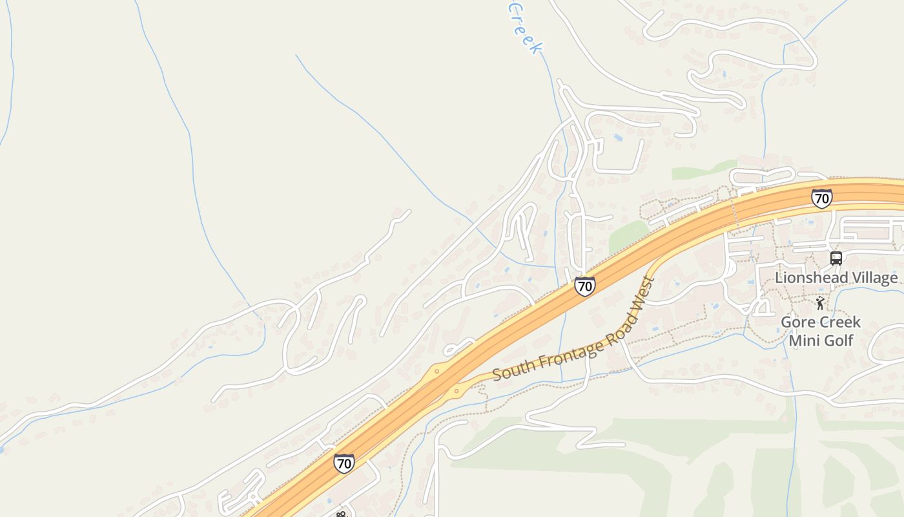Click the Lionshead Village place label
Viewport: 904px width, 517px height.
point(836,278)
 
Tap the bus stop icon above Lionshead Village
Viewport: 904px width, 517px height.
point(836,258)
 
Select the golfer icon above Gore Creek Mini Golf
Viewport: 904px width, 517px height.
point(820,303)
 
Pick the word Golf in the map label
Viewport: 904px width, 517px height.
point(839,341)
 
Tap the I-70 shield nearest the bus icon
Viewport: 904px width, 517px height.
point(821,198)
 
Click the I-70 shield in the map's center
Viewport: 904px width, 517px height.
point(584,286)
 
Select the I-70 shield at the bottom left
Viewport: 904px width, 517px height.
point(344,463)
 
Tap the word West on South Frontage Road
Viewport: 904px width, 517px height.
point(646,294)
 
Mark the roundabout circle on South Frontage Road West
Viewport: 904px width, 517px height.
point(457,390)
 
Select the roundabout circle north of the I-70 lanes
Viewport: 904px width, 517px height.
point(437,372)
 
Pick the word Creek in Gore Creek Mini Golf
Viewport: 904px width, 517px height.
point(841,322)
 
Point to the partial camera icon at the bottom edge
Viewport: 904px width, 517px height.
point(341,514)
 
